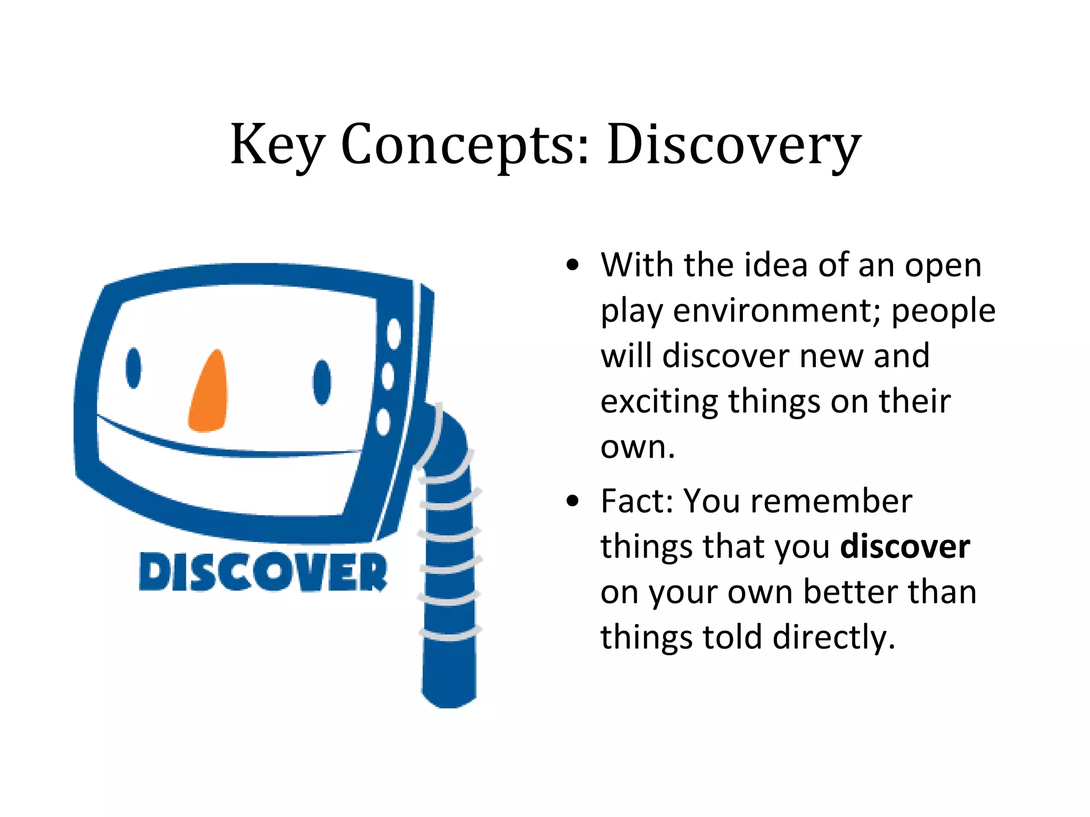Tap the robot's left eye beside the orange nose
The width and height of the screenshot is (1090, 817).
(x=134, y=368)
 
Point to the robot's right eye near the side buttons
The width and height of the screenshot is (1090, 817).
(x=321, y=382)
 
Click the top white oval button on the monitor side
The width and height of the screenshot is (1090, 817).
(x=394, y=334)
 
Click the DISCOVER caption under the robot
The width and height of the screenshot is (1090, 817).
(x=263, y=572)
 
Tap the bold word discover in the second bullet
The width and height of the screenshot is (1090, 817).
(x=905, y=547)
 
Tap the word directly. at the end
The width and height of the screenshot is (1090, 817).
(x=834, y=637)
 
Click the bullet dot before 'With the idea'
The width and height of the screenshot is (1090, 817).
(x=572, y=265)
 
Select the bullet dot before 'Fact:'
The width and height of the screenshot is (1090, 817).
(x=572, y=501)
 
